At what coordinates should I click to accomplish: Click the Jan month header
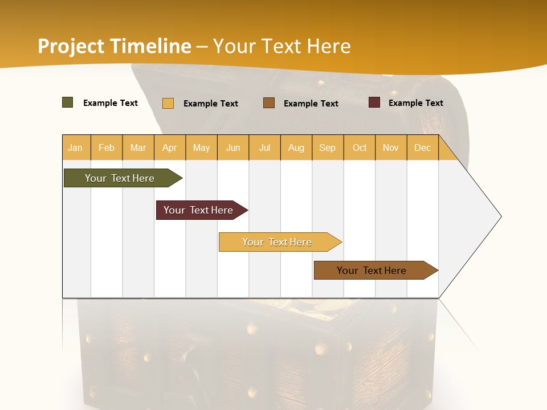click(x=76, y=147)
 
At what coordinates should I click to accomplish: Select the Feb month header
click(x=107, y=147)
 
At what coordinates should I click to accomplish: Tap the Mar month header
click(x=138, y=147)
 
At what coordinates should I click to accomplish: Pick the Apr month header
click(x=170, y=147)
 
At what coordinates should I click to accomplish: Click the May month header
click(x=201, y=147)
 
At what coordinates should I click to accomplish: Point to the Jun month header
click(x=233, y=147)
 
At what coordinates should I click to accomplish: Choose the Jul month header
click(x=264, y=147)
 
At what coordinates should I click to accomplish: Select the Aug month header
click(x=296, y=147)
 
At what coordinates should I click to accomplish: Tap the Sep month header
click(x=328, y=147)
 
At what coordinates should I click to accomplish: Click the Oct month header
click(x=360, y=147)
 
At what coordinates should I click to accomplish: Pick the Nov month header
click(x=391, y=147)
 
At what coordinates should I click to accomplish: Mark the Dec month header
click(x=422, y=147)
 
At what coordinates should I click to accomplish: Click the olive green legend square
click(x=68, y=102)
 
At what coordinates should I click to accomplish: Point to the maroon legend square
click(x=374, y=102)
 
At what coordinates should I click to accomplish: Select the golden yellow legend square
click(x=168, y=103)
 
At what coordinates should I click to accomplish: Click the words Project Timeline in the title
click(x=115, y=46)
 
